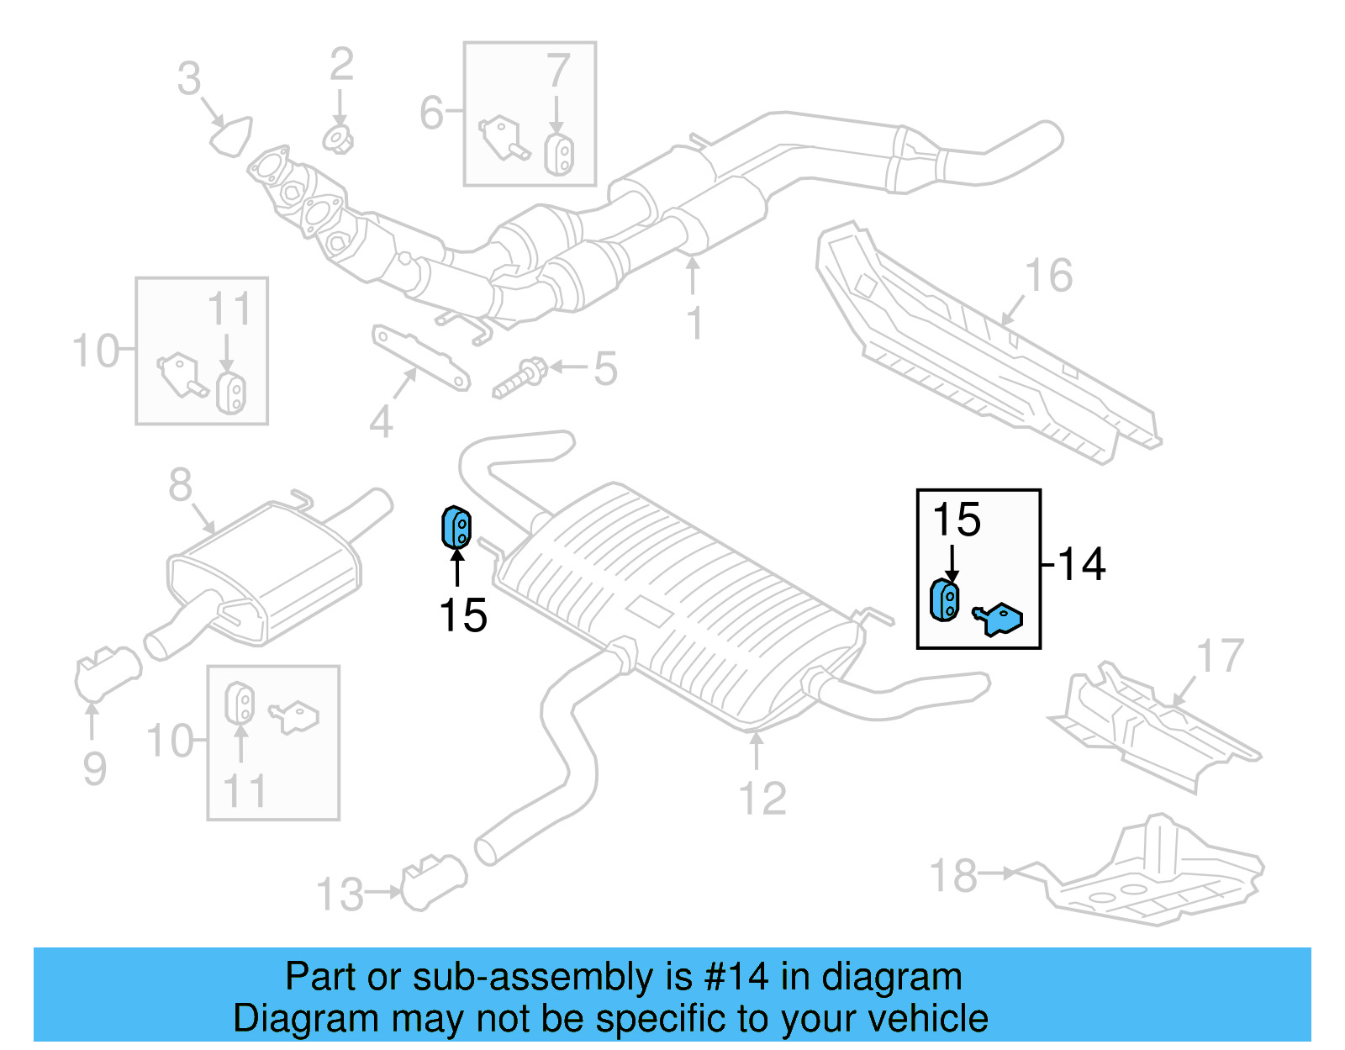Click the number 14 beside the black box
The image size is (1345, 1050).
tap(1082, 564)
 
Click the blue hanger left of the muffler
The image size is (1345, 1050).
tap(456, 527)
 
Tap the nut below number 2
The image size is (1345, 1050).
tap(338, 139)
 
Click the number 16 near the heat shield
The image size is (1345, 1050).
tap(1049, 276)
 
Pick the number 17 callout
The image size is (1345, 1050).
tap(1220, 656)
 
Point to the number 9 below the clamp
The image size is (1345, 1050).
tap(95, 768)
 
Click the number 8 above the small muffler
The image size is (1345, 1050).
tap(181, 485)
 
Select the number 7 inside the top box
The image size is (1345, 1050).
tap(558, 71)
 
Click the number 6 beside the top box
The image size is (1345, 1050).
tap(431, 112)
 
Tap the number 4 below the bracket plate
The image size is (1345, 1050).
tap(381, 422)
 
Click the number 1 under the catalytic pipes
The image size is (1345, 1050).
tap(694, 323)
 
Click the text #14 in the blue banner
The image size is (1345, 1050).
tap(736, 977)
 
